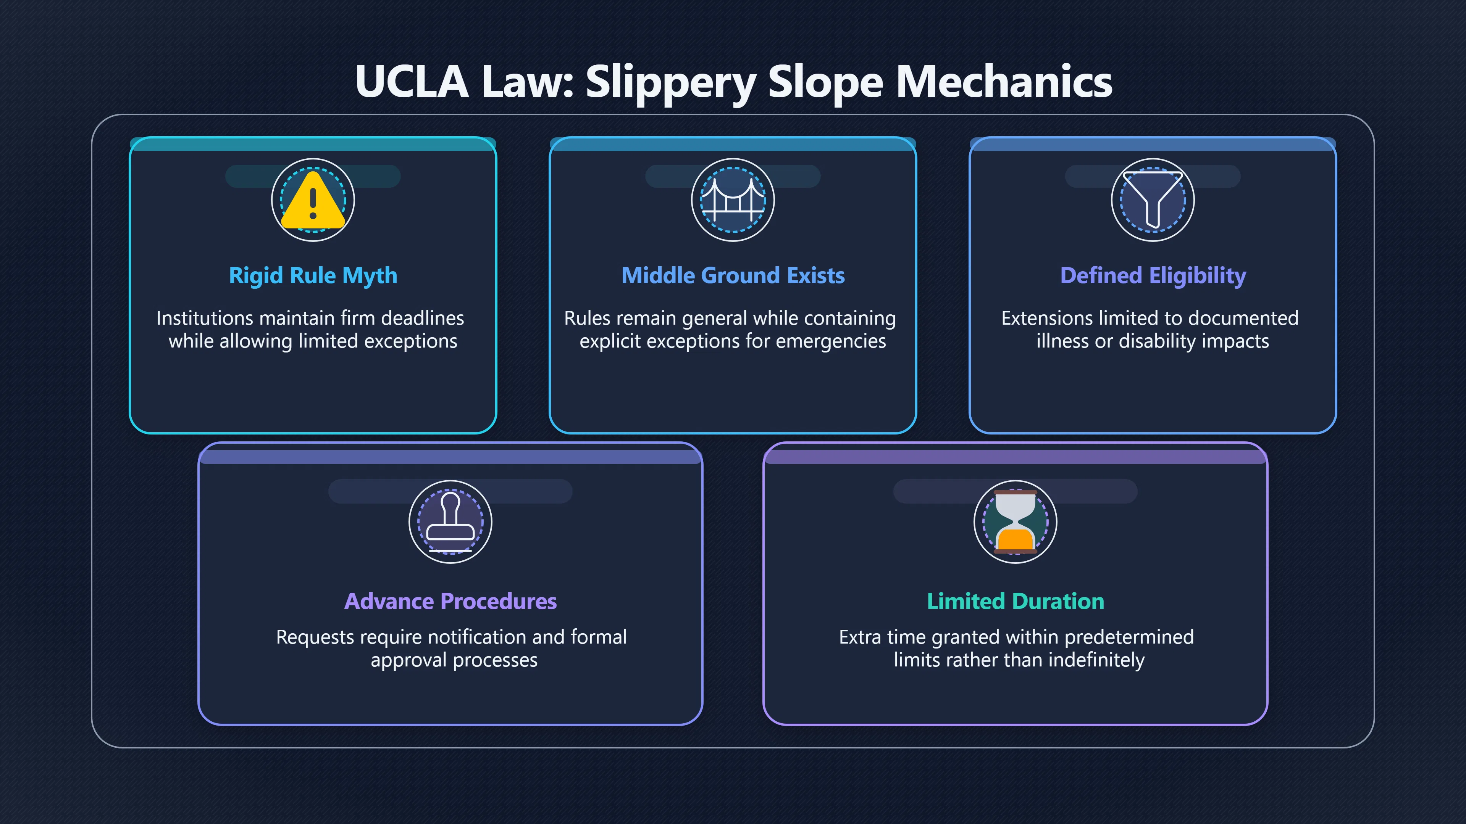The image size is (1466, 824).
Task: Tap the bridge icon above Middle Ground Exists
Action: (x=733, y=200)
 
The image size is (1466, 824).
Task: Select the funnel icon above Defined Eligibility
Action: (x=1153, y=199)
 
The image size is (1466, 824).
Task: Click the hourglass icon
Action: (x=1016, y=522)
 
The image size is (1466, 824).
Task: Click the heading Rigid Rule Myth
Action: (x=313, y=276)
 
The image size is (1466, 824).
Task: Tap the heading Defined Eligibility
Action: (x=1153, y=276)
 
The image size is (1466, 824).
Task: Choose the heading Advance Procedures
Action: (x=451, y=601)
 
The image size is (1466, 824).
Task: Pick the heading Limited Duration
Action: (x=1016, y=601)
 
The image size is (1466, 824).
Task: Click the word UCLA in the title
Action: (x=412, y=81)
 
